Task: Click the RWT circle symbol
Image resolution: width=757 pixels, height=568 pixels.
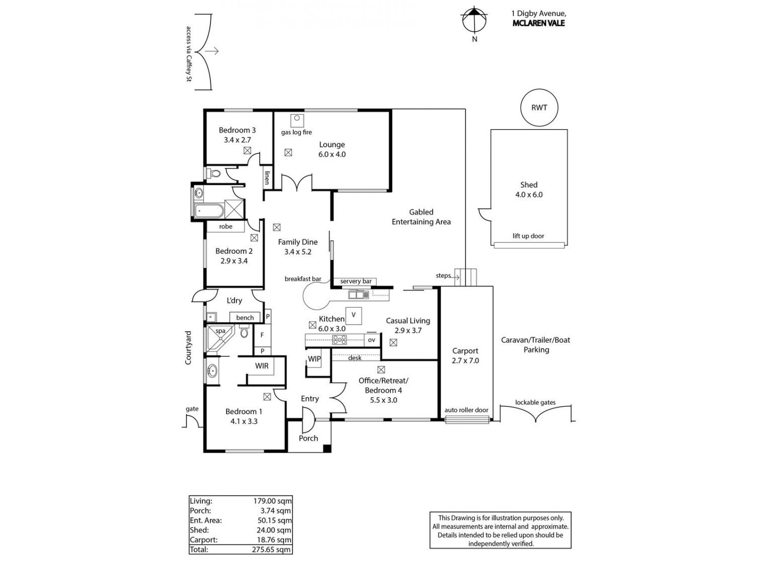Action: pos(539,108)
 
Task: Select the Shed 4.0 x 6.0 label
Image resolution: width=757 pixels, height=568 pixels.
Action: pos(528,190)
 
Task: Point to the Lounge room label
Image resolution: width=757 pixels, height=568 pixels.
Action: pos(332,149)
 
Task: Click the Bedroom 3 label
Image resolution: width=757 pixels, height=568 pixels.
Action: pos(237,135)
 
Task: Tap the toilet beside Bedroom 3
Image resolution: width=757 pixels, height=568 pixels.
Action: pos(214,173)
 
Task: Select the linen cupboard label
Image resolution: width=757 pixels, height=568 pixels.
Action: pos(267,178)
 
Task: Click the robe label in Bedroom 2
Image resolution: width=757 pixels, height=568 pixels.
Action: pos(226,227)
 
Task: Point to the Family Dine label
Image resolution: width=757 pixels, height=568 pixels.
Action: pos(298,247)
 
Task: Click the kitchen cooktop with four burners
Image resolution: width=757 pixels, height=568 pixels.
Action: pos(340,340)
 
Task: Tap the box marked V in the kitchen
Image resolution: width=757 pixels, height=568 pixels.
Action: pos(354,315)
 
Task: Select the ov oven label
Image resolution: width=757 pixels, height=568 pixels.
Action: pos(371,340)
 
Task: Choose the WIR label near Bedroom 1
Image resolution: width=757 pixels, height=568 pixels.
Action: pos(262,366)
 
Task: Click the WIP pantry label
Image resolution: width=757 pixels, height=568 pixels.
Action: pos(314,359)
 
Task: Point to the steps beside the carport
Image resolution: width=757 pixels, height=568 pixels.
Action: pos(465,277)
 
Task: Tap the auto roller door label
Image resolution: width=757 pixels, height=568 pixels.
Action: pos(466,410)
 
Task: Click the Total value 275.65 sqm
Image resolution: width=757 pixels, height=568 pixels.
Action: pos(272,549)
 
